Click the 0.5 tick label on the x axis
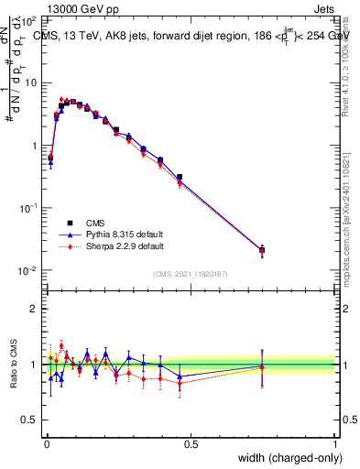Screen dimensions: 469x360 coord(191,444)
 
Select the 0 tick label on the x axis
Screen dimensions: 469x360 coord(46,444)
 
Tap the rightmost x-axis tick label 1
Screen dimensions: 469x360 coord(335,444)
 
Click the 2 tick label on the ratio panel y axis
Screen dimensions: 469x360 coord(34,309)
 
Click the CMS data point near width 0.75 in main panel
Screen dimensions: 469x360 coord(262,250)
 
